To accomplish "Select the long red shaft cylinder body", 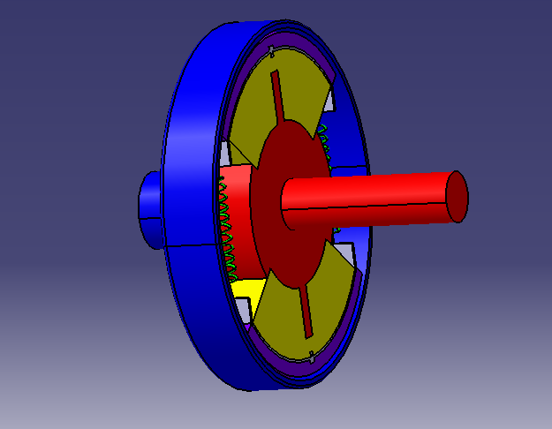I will pyautogui.click(x=371, y=199).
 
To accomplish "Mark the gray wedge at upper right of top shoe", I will pyautogui.click(x=329, y=101).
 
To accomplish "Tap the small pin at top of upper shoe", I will pyautogui.click(x=276, y=49).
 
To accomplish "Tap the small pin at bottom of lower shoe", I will pyautogui.click(x=313, y=357).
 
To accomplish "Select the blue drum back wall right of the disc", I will pyautogui.click(x=353, y=238).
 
